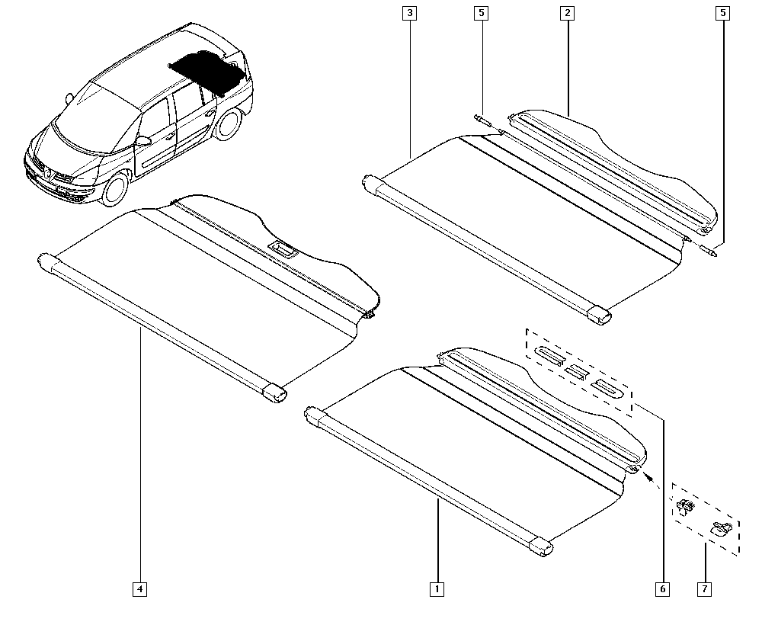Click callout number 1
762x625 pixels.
437,588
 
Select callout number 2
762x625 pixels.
566,13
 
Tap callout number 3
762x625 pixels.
410,13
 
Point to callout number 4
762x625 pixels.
139,588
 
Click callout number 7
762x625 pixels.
705,588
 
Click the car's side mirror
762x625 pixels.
142,141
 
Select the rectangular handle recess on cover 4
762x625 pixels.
283,248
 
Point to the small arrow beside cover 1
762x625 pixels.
649,478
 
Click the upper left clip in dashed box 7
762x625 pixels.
686,506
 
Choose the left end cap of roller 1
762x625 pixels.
313,415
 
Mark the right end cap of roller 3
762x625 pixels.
600,315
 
